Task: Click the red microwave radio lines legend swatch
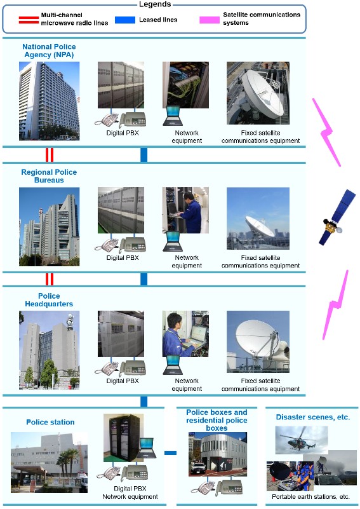29,20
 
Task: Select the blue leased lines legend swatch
125,20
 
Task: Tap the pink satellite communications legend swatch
209,20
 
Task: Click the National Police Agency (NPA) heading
50,51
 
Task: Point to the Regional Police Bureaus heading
49,176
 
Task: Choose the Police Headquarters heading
49,300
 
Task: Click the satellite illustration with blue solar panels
337,217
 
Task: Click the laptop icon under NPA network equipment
173,116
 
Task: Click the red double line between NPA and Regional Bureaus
50,155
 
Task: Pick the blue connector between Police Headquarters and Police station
144,401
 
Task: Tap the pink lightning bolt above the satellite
326,132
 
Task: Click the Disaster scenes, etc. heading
313,417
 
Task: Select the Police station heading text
50,422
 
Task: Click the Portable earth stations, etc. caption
310,497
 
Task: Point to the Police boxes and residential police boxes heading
217,420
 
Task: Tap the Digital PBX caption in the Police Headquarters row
123,381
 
